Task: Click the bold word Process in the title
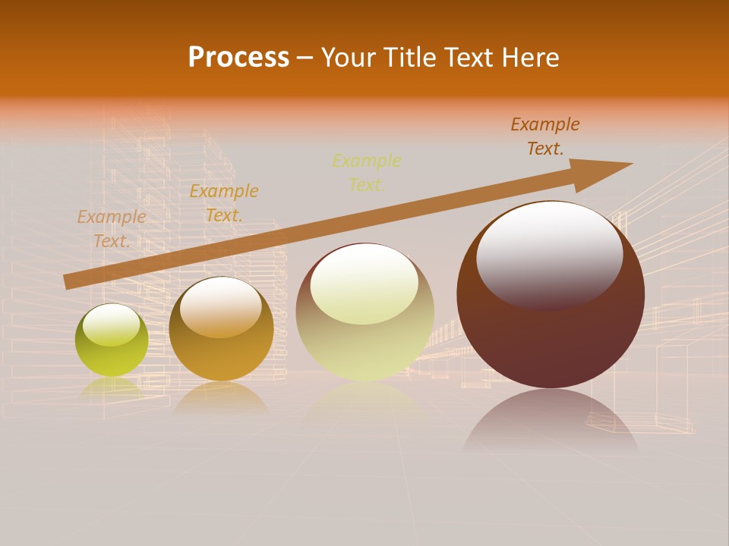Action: [238, 58]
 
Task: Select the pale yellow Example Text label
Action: [367, 172]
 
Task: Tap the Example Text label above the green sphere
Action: [112, 229]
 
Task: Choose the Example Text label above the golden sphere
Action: [224, 203]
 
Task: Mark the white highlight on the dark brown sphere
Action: [549, 254]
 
